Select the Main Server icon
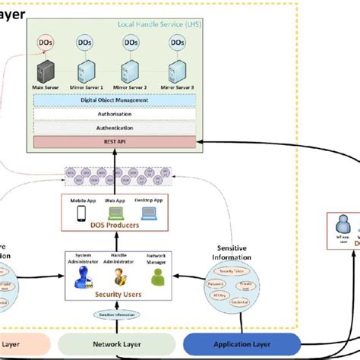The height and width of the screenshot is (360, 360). click(46, 73)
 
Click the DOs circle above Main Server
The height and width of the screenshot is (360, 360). click(46, 45)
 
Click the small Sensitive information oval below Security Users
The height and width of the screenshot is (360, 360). click(116, 314)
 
